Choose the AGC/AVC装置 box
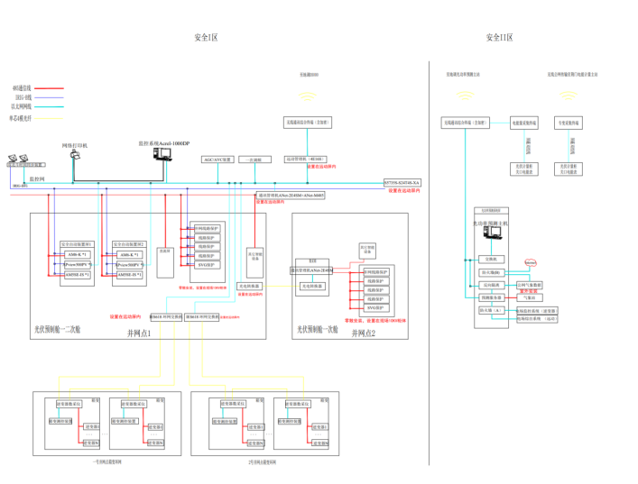[x=218, y=160]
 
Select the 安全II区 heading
[x=499, y=38]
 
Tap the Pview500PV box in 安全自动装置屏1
[x=77, y=265]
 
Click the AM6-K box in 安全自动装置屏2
[x=129, y=255]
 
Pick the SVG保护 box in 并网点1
[x=205, y=265]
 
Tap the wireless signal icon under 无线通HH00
[x=309, y=94]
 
